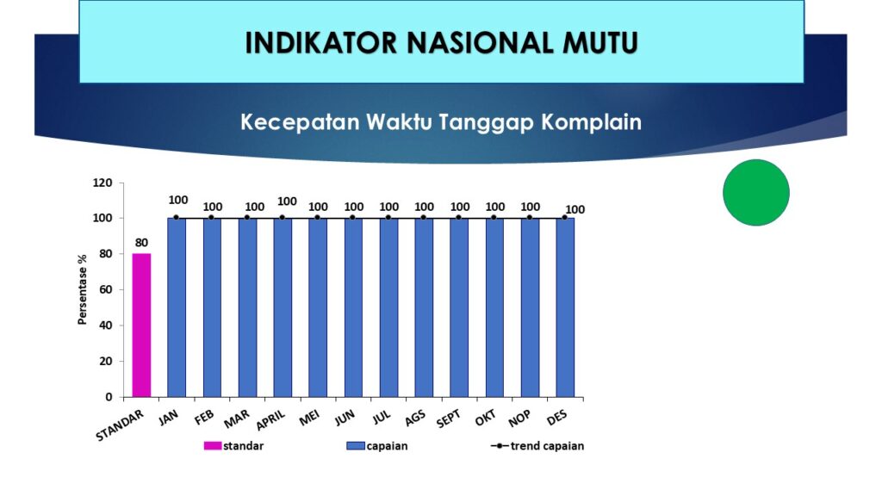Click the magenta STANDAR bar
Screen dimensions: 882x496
pyautogui.click(x=141, y=325)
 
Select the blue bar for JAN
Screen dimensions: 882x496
pyautogui.click(x=177, y=307)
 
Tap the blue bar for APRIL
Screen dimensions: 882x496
pyautogui.click(x=283, y=307)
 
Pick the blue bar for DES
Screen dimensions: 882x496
pyautogui.click(x=565, y=307)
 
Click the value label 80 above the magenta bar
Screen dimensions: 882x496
pyautogui.click(x=141, y=243)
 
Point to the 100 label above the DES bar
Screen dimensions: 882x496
pyautogui.click(x=575, y=210)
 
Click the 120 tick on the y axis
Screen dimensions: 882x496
pyautogui.click(x=102, y=183)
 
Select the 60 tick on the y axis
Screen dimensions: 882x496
pyautogui.click(x=106, y=289)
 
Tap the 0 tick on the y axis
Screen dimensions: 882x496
pyautogui.click(x=109, y=397)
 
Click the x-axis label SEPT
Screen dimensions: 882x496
pyautogui.click(x=448, y=418)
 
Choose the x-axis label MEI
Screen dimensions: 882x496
pyautogui.click(x=309, y=418)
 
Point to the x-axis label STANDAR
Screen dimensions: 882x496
pyautogui.click(x=120, y=425)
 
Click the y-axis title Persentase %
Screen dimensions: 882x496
pyautogui.click(x=82, y=289)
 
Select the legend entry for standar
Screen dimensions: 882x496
pyautogui.click(x=233, y=446)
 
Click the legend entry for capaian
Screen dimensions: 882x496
pyautogui.click(x=377, y=446)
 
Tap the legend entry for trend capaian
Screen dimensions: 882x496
pyautogui.click(x=537, y=446)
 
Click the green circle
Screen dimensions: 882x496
pyautogui.click(x=756, y=192)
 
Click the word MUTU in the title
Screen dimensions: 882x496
pyautogui.click(x=600, y=43)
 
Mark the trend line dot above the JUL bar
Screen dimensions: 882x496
pyautogui.click(x=388, y=218)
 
